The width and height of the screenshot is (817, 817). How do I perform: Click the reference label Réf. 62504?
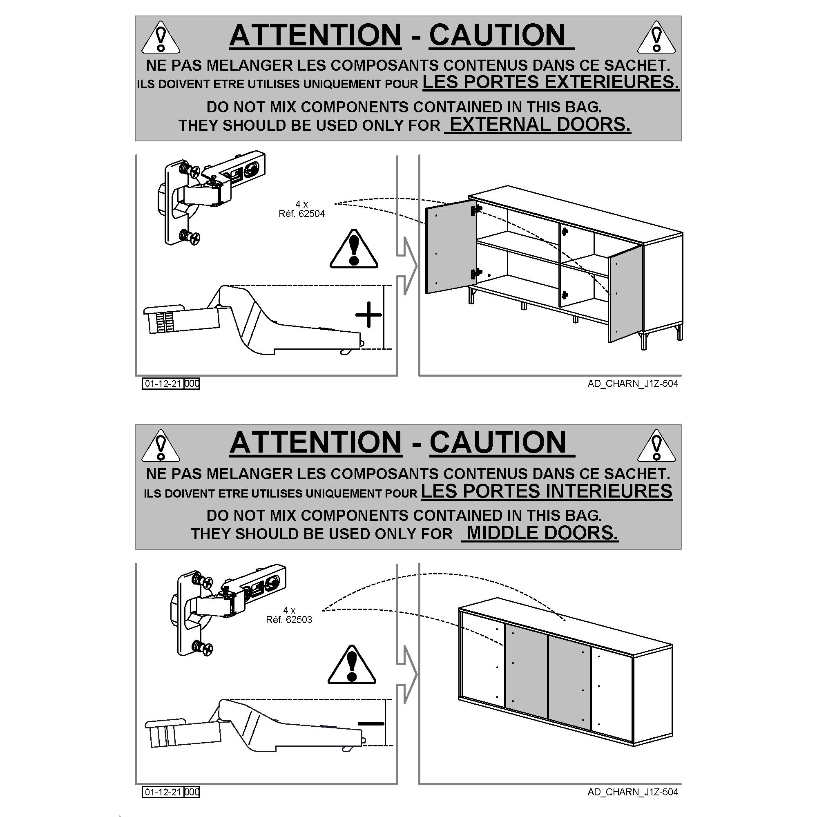[x=301, y=214]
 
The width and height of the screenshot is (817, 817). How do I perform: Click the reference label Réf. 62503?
[x=289, y=620]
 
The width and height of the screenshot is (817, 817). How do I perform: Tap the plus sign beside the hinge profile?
[x=368, y=315]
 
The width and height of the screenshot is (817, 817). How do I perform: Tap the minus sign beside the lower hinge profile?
[x=371, y=723]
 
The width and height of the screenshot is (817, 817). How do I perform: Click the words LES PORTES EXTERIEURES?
[x=551, y=82]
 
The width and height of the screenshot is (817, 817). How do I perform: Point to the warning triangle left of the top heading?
[x=160, y=37]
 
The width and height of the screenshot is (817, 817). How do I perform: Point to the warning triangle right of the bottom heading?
[x=656, y=446]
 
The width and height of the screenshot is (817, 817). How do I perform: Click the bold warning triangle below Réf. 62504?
[x=353, y=250]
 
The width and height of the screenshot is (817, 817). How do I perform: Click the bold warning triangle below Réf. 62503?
[x=352, y=665]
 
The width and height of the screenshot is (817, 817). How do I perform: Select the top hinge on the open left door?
[x=476, y=209]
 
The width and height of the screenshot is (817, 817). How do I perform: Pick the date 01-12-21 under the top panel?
[x=163, y=384]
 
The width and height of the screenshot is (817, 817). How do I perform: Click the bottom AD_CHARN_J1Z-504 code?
[x=633, y=792]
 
